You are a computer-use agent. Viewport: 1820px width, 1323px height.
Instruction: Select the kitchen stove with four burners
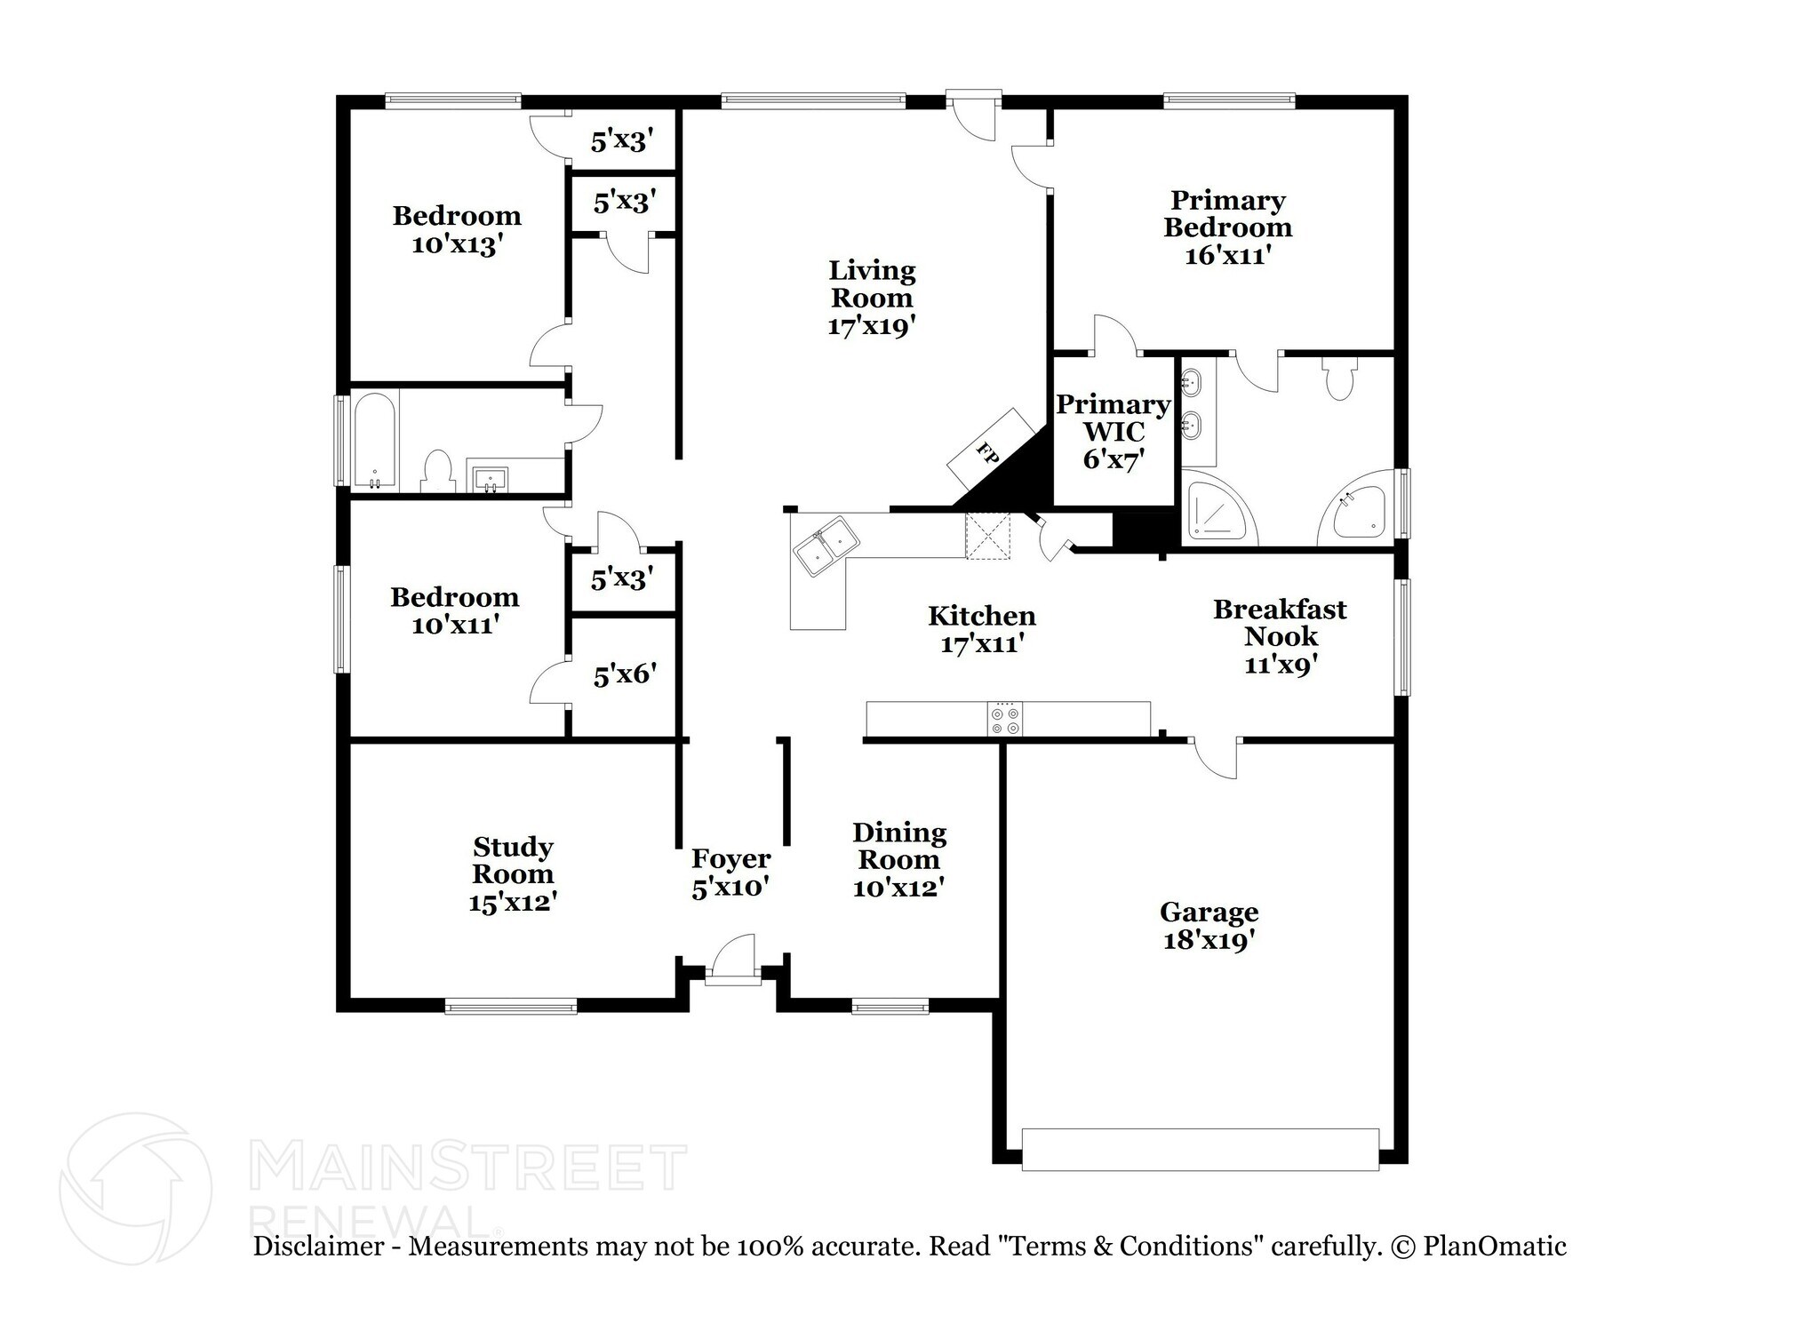(1005, 719)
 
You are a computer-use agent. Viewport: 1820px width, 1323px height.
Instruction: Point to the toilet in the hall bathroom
(436, 472)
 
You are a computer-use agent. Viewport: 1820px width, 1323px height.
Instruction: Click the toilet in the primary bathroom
(1337, 379)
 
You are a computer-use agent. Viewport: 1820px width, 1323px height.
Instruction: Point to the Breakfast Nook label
(1280, 623)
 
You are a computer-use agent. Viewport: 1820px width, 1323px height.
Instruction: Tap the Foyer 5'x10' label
(730, 873)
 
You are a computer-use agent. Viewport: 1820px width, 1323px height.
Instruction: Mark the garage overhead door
(1200, 1149)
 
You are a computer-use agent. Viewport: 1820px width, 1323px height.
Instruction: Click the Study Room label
(513, 859)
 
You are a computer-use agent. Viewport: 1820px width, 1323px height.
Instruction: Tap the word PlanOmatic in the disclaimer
(1494, 1246)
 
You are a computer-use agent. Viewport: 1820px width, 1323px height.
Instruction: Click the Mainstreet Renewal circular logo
(135, 1187)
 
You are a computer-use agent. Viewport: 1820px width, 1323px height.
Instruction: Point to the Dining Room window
(890, 1007)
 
